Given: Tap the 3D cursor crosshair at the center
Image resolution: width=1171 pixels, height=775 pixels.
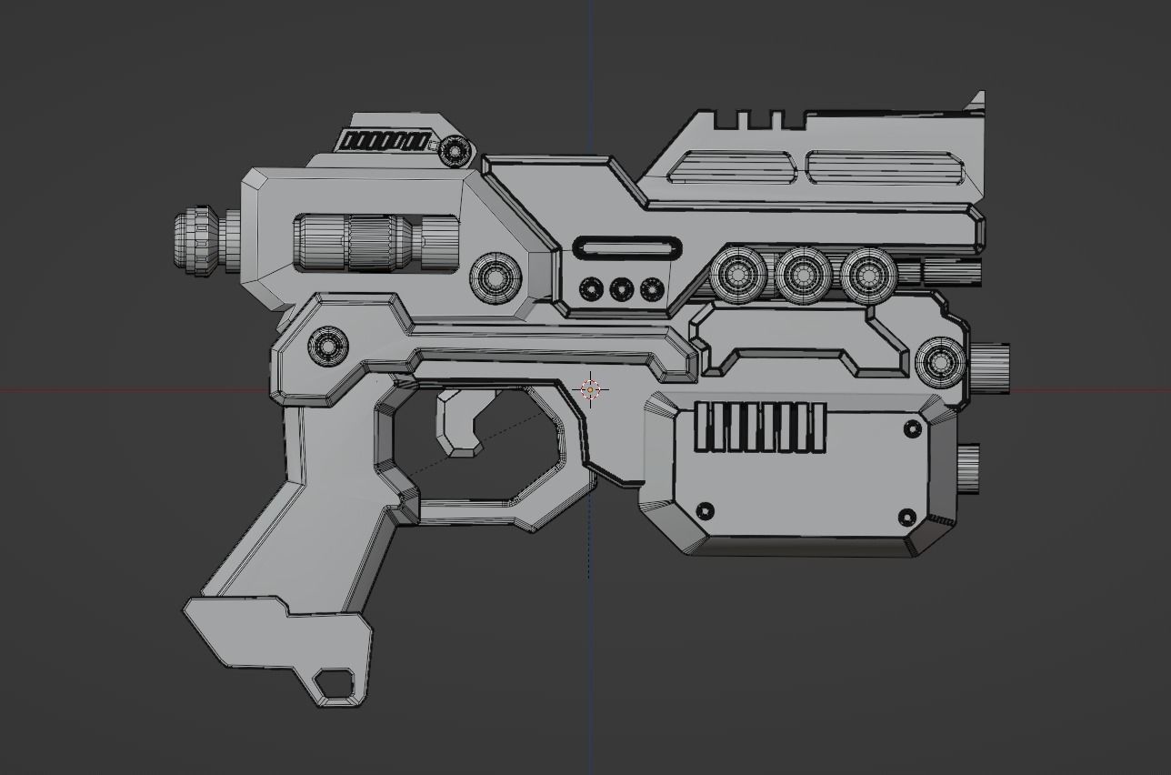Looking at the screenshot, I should coord(591,390).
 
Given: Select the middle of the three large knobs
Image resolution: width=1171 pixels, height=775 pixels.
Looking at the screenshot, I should coord(803,274).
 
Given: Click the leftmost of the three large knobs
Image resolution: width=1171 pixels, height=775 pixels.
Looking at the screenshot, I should coord(737,274).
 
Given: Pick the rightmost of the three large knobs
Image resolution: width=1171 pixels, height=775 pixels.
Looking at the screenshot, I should coord(868,274).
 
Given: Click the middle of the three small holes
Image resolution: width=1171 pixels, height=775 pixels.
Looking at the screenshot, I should coord(621,290).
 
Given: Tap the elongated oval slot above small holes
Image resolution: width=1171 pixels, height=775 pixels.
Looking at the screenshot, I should coord(627,248).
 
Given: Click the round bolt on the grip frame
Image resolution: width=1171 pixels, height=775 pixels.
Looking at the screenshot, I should coord(328,347).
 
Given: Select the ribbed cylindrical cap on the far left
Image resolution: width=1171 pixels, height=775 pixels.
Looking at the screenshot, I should coord(198,242).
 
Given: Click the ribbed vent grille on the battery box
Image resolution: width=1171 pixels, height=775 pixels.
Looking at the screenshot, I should coord(760,428).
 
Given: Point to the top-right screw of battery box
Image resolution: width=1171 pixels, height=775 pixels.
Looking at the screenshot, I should coord(913,428).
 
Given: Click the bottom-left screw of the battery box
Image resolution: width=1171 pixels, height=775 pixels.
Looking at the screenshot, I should coord(704,510).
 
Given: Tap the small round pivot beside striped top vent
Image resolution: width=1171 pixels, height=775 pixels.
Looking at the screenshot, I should coord(453,151).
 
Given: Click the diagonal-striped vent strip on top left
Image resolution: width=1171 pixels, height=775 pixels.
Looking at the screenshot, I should coord(384,142).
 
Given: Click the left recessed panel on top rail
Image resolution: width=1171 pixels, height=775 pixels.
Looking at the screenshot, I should coord(732,167).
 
